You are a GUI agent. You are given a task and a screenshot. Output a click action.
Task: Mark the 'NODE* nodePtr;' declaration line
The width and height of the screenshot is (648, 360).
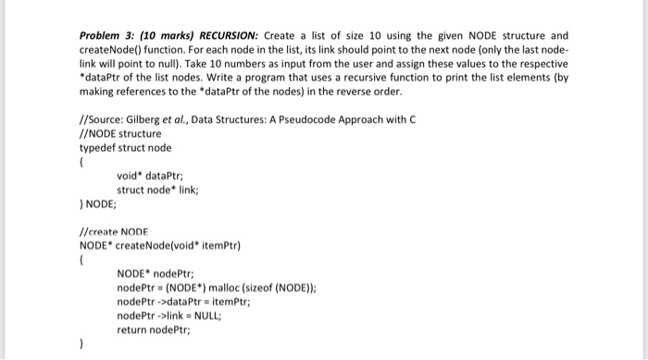click(x=155, y=273)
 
